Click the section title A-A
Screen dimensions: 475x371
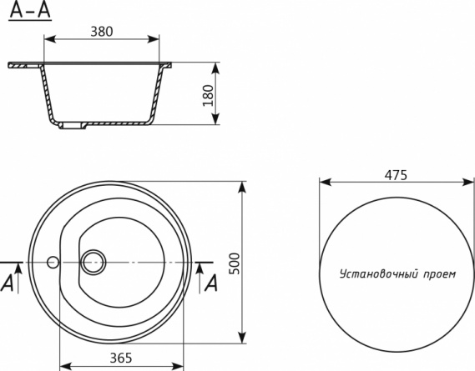coord(30,10)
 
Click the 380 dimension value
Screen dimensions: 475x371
coord(102,32)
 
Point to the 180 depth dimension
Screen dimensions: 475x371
coord(208,95)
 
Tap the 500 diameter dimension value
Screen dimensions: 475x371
coord(235,263)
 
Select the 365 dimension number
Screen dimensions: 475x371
coord(121,358)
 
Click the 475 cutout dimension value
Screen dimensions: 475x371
coord(396,175)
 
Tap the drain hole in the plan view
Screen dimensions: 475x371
coord(93,263)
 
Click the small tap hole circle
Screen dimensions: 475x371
coord(53,262)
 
